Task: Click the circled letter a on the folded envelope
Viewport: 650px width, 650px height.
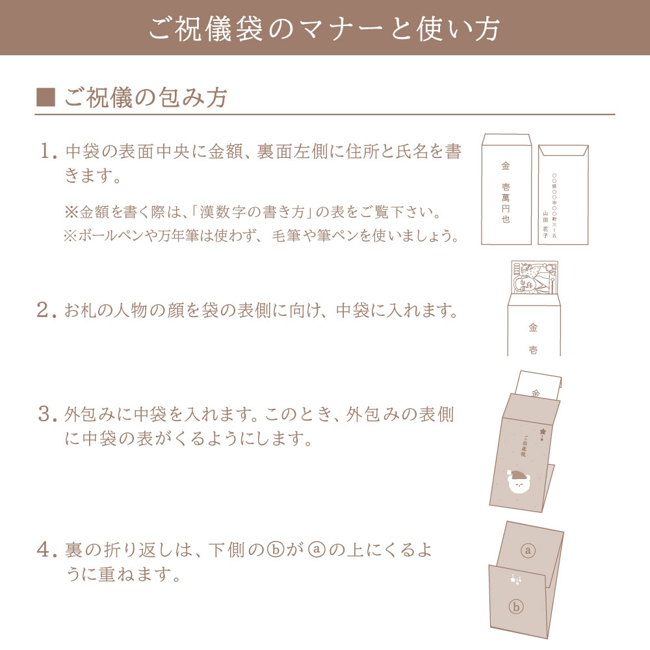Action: point(528,550)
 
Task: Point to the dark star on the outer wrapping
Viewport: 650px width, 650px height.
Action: point(543,430)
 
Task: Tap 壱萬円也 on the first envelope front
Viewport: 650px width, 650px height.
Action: point(506,203)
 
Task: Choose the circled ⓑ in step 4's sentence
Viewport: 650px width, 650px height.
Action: point(275,551)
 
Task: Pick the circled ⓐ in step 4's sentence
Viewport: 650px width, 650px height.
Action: point(315,551)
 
